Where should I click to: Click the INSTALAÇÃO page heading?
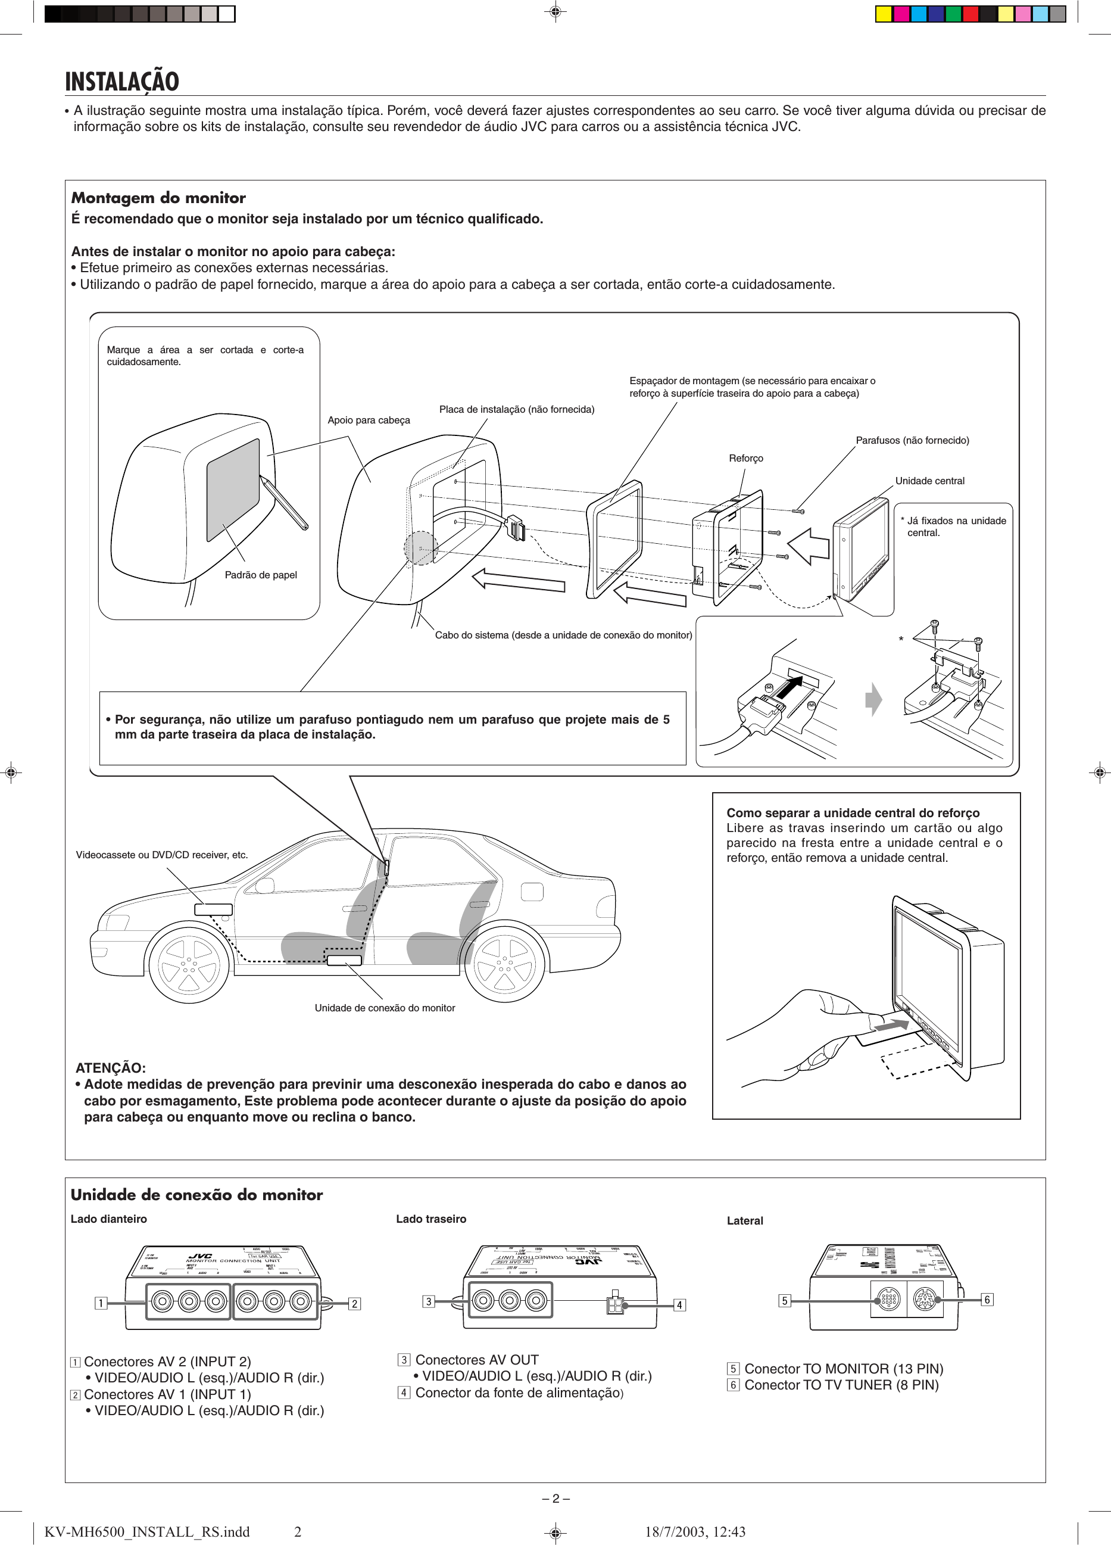(122, 82)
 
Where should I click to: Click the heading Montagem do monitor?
(158, 198)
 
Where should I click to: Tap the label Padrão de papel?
(260, 575)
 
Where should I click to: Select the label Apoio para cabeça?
(369, 420)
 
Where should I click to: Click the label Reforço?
(746, 459)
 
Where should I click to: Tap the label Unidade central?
(929, 481)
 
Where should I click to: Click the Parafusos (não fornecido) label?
(912, 441)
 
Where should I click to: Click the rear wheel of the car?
(505, 964)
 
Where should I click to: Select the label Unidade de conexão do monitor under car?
(384, 1008)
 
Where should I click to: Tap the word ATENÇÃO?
(110, 1068)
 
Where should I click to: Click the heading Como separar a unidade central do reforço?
(853, 812)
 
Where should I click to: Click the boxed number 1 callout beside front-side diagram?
(101, 1303)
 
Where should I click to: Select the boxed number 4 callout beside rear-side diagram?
(679, 1305)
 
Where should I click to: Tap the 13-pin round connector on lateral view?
(888, 1300)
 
